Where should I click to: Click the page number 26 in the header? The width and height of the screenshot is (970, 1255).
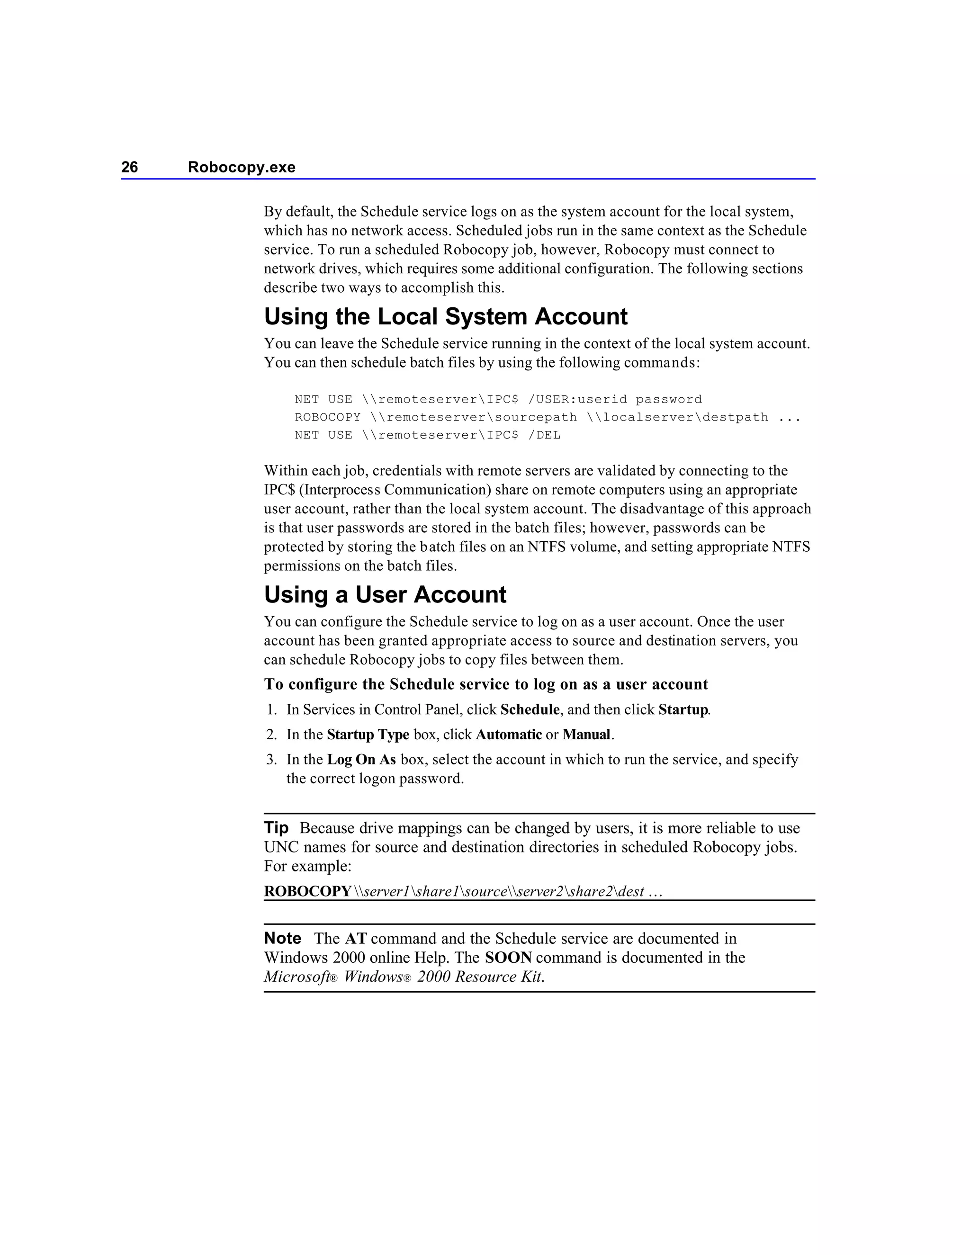(129, 167)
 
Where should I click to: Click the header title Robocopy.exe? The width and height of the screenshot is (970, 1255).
(242, 167)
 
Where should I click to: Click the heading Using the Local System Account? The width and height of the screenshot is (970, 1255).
(445, 317)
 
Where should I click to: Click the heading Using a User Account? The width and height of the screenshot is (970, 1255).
(385, 595)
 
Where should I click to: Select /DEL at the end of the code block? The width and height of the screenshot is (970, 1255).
(544, 435)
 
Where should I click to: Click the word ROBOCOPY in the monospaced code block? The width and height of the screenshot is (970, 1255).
(328, 417)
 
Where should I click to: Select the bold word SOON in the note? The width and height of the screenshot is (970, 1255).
(508, 958)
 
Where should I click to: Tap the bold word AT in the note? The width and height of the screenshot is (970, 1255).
(356, 939)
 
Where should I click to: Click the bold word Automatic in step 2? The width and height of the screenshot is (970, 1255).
(509, 735)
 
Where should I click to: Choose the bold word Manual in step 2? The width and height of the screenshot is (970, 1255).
(586, 735)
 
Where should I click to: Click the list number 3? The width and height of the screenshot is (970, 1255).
(271, 760)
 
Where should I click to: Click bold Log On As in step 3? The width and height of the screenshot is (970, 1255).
(361, 760)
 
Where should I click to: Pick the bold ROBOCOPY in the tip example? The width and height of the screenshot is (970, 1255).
(307, 891)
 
